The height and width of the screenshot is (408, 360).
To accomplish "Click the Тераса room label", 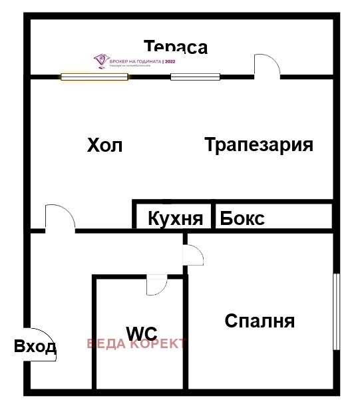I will point(176,47).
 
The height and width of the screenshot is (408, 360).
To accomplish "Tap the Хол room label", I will point(104,145).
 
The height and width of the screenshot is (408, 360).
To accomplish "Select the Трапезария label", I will point(259,144).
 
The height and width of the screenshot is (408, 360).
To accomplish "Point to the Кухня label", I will point(175,218).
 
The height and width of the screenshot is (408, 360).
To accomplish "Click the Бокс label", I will point(242,218).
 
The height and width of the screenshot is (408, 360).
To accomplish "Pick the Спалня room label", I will point(260,321).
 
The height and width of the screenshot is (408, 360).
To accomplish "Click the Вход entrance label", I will point(35,347).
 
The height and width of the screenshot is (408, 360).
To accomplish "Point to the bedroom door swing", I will point(194,256).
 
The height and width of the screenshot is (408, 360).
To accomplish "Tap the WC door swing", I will point(156,285).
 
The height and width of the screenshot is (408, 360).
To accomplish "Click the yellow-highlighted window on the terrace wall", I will point(94,77).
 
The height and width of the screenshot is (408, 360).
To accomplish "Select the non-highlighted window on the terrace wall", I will point(195,77).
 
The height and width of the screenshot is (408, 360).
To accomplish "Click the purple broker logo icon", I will point(100,61).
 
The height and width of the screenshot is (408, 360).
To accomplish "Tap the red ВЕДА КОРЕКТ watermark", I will point(137,344).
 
